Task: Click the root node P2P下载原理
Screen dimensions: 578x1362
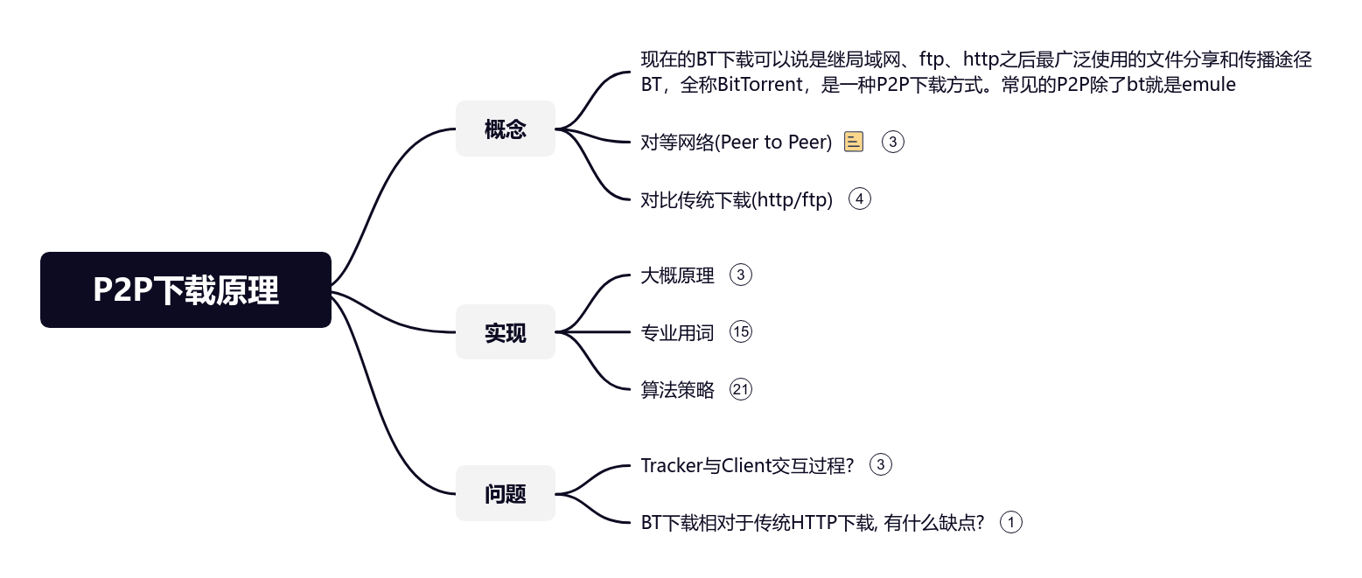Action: click(185, 290)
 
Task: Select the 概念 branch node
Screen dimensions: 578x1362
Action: click(506, 129)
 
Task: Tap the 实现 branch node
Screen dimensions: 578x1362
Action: click(506, 332)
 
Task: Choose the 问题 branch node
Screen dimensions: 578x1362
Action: click(506, 493)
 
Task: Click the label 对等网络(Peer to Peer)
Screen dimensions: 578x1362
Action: click(736, 142)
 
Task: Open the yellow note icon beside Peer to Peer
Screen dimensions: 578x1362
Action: click(854, 142)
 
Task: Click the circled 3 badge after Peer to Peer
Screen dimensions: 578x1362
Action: click(892, 142)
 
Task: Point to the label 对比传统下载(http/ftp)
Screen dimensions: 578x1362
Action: click(737, 199)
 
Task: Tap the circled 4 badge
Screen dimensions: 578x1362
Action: click(860, 199)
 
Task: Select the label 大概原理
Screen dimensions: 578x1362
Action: click(677, 275)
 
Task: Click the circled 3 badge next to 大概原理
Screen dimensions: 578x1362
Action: click(740, 275)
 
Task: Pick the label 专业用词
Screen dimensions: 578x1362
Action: click(677, 332)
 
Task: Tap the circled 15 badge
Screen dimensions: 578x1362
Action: click(740, 332)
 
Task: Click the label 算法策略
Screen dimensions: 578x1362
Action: click(677, 389)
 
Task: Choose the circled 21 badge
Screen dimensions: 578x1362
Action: click(740, 389)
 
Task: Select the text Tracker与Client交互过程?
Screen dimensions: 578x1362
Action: click(747, 465)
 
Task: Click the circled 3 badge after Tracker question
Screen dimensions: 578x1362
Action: click(881, 465)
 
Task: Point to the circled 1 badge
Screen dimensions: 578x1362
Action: click(1010, 523)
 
